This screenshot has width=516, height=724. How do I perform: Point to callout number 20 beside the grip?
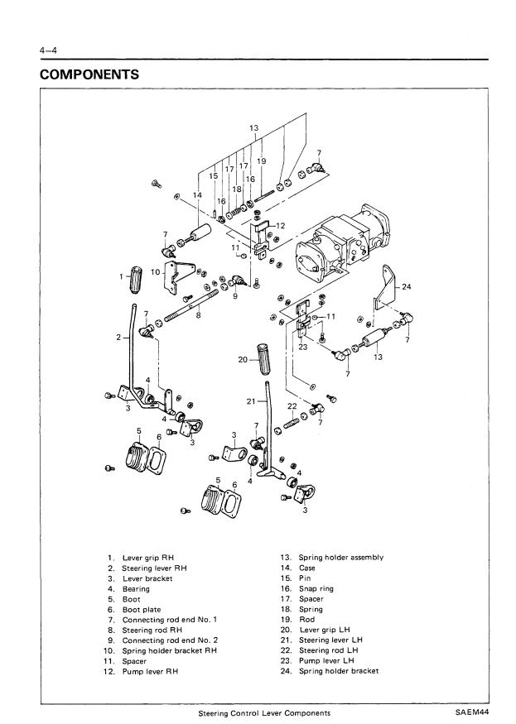coord(243,360)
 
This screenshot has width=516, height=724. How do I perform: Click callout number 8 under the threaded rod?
coord(198,314)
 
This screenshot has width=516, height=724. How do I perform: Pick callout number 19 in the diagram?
coord(261,161)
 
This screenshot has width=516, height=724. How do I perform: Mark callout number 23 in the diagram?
coord(304,348)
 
